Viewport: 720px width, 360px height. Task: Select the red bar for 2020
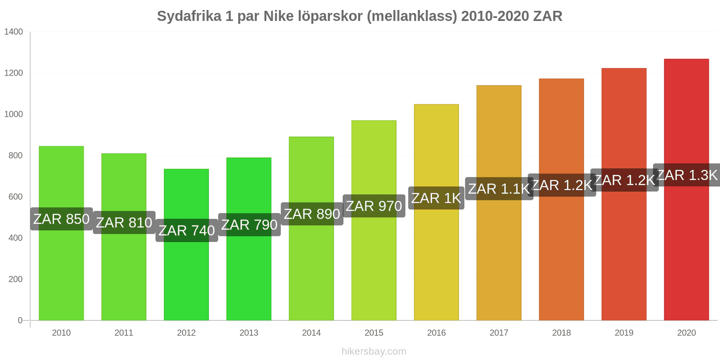tap(686, 252)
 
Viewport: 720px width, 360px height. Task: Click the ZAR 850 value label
tap(61, 219)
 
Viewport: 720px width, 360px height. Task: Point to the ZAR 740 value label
tap(187, 230)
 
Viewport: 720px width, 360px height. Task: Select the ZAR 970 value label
tap(374, 206)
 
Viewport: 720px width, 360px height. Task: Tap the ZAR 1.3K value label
tap(687, 175)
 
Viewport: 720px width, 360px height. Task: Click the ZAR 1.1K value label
tap(499, 189)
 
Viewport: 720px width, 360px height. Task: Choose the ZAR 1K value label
tap(436, 198)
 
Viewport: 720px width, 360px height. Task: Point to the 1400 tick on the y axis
tap(13, 32)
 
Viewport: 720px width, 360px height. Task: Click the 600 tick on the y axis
tap(15, 197)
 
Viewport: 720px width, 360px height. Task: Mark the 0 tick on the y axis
tap(20, 320)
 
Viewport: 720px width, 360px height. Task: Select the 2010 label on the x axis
tap(61, 333)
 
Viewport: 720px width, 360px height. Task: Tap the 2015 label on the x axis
tap(374, 333)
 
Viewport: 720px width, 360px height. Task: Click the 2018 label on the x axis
tap(562, 333)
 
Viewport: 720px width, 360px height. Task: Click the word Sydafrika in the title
tap(189, 16)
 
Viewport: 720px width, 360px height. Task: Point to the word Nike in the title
tap(278, 16)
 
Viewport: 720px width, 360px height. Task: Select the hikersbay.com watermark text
tap(374, 351)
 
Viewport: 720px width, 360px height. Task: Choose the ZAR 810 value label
tap(124, 223)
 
